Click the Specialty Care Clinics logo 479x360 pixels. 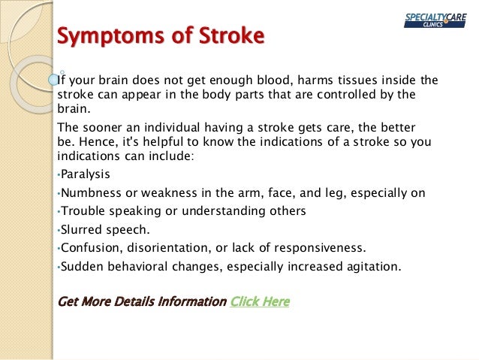(436, 20)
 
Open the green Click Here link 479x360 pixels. (260, 301)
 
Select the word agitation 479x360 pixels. (374, 265)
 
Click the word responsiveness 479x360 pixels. (320, 247)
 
